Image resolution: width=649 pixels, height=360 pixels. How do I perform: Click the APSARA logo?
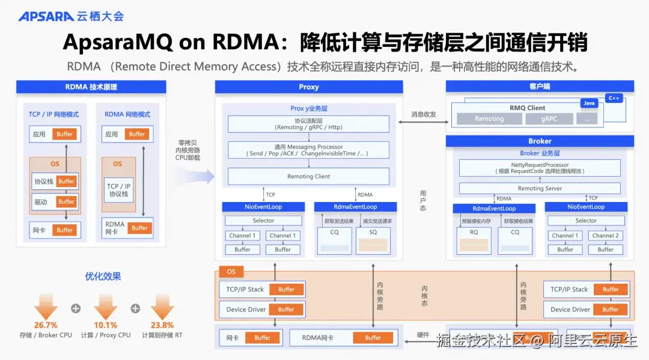click(x=46, y=16)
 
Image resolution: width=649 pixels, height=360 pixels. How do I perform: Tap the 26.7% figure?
click(x=46, y=325)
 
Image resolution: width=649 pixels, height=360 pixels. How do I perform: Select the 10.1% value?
click(x=106, y=325)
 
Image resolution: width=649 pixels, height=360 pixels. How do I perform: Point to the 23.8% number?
click(x=162, y=325)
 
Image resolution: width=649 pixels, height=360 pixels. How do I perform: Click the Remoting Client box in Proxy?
click(x=308, y=176)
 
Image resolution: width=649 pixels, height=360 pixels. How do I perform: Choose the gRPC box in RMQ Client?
click(x=549, y=119)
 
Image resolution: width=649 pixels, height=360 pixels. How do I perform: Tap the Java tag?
click(x=589, y=103)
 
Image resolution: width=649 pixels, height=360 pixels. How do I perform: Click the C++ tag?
click(x=614, y=98)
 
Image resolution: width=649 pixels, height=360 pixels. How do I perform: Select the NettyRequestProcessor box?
click(x=540, y=168)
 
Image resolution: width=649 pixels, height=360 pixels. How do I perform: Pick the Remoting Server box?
click(x=540, y=188)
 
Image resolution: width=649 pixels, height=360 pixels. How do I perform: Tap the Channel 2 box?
click(x=605, y=236)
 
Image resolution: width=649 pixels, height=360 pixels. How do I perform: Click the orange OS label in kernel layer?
click(x=231, y=272)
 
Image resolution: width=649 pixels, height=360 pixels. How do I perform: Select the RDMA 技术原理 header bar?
click(x=91, y=87)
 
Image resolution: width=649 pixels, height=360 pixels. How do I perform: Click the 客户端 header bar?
click(x=540, y=87)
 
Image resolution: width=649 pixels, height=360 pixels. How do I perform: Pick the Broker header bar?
click(x=540, y=141)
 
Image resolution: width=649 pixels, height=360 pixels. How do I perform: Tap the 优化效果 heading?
click(x=103, y=276)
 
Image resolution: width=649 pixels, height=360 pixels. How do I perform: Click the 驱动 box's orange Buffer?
click(x=66, y=202)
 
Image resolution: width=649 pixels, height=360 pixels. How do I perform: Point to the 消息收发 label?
click(x=424, y=114)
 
